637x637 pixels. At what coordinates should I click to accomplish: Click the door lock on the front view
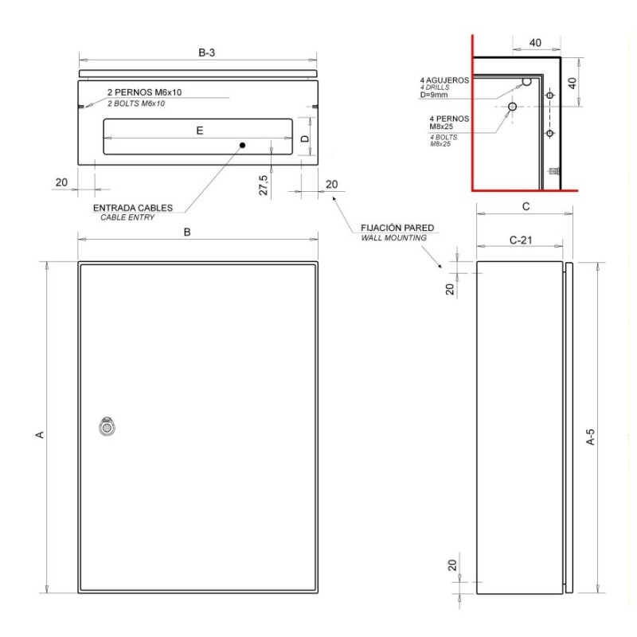click(106, 427)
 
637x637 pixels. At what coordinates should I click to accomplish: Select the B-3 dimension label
click(206, 53)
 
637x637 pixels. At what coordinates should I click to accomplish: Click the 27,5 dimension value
click(263, 186)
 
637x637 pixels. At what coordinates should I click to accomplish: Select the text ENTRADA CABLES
click(133, 208)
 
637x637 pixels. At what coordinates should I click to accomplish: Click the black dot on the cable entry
click(243, 145)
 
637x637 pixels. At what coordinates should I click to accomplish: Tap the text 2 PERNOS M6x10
click(144, 93)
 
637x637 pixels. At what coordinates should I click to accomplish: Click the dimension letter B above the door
click(188, 233)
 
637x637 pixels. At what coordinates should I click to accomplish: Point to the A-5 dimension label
click(590, 436)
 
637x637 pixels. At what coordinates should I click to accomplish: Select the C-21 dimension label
click(522, 240)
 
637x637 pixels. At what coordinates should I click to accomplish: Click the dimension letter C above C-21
click(525, 207)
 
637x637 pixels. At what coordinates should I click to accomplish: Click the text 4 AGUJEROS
click(445, 80)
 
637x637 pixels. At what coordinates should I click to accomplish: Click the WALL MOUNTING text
click(393, 238)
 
